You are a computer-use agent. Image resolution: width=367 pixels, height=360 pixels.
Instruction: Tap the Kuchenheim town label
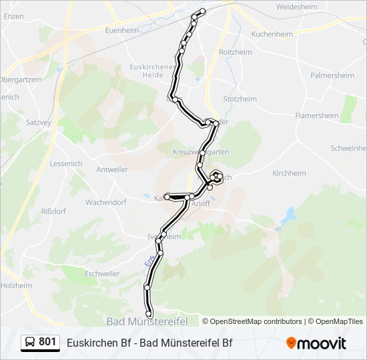point(273,33)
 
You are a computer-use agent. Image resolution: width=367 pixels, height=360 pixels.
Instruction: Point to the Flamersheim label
point(317,115)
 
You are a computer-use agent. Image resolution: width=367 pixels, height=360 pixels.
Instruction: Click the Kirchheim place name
point(289,173)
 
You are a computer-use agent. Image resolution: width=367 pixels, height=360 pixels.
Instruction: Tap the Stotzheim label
point(240,99)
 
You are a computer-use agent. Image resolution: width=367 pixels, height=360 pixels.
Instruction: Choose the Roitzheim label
point(235,52)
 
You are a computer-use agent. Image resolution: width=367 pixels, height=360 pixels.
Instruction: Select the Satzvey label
point(38,123)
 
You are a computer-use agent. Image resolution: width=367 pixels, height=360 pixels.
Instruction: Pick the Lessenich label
point(65,163)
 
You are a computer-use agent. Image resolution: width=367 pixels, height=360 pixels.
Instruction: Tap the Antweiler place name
point(111,169)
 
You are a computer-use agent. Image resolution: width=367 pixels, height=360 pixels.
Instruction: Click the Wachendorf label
point(106,201)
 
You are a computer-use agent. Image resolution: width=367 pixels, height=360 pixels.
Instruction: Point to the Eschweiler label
point(102,273)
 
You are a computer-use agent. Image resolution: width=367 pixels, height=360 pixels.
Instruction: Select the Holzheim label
point(17,285)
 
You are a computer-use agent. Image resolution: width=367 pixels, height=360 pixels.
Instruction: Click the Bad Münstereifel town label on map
point(147,321)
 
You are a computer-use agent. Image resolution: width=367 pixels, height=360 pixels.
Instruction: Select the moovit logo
point(316,343)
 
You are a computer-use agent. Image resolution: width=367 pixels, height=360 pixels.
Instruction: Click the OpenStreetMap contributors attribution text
point(256,321)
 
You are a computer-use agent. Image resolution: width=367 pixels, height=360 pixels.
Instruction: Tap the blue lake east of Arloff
point(288,216)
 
